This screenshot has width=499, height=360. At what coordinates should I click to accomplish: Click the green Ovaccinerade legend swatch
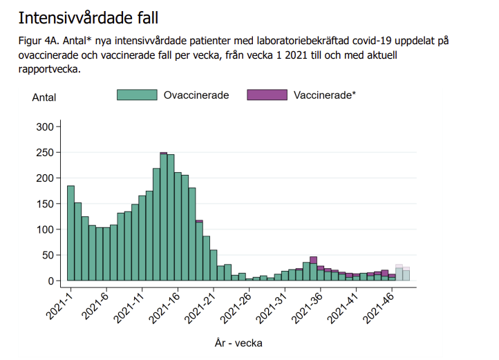(137, 95)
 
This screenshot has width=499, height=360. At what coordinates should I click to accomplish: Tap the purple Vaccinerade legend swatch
(267, 95)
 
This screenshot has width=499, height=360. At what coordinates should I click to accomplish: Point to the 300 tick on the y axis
(44, 127)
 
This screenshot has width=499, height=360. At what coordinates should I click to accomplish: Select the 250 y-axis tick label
(44, 153)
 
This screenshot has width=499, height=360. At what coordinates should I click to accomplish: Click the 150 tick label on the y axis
(44, 204)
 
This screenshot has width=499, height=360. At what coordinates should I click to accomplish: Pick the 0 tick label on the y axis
(50, 281)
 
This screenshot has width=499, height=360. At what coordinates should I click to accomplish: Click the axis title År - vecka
(238, 342)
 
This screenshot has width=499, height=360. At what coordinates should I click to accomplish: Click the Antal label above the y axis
(44, 97)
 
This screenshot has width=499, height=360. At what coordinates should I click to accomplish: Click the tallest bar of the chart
(164, 217)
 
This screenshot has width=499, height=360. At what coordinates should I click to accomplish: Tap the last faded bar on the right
(406, 274)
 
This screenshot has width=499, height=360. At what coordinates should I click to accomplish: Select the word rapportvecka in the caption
(50, 69)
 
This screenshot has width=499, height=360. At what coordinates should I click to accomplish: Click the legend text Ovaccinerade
(196, 95)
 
